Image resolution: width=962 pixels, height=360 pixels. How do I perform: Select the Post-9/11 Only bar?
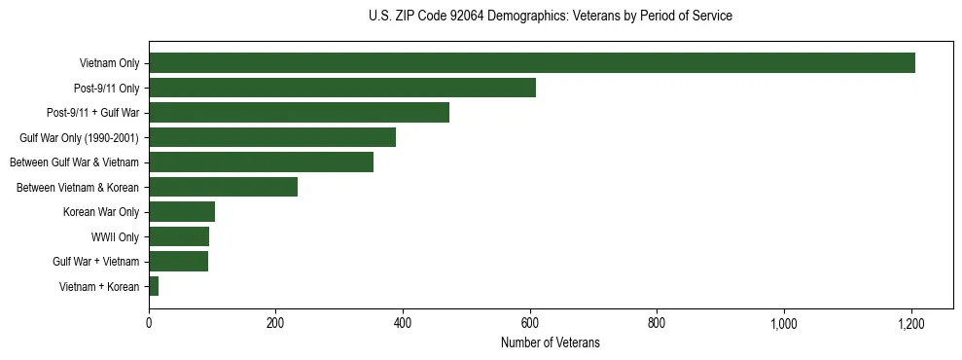pos(341,88)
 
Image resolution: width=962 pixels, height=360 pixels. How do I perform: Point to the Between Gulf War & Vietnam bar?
pos(261,162)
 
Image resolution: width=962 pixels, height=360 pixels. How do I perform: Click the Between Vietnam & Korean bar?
pos(223,187)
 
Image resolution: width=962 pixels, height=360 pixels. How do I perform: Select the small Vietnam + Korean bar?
pos(154,286)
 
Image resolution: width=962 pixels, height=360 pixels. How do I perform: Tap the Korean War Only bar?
pos(182,212)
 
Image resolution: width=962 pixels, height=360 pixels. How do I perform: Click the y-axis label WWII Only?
pos(115,236)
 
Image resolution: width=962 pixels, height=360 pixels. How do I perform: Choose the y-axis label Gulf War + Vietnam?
pos(95,262)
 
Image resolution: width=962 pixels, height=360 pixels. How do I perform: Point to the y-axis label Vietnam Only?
pos(109,64)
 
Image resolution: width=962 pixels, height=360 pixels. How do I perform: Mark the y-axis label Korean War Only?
pos(101,212)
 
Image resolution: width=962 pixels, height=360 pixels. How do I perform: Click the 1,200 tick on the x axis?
pos(911,323)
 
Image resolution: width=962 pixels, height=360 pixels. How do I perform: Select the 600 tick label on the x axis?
pos(530,323)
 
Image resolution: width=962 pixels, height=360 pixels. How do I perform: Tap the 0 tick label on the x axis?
pos(149,323)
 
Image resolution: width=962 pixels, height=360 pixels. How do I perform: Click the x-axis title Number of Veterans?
pos(550,343)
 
